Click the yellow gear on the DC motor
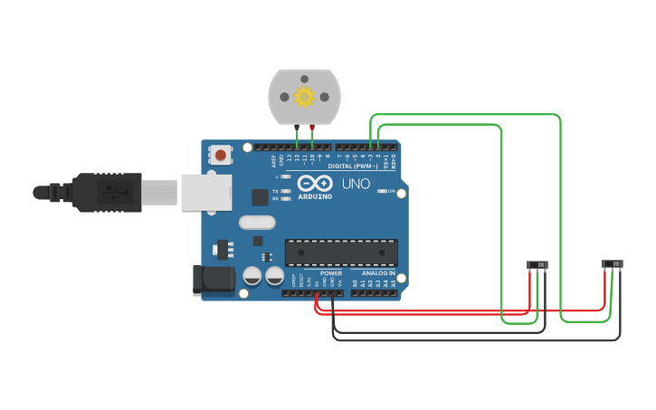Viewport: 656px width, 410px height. pyautogui.click(x=304, y=96)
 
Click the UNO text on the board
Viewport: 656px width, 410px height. pyautogui.click(x=356, y=184)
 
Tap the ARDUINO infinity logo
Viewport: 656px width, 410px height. pyautogui.click(x=315, y=184)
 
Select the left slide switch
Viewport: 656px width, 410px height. pyautogui.click(x=537, y=265)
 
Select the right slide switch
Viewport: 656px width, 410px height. pyautogui.click(x=613, y=264)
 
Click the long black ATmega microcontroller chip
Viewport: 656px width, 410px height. pyautogui.click(x=341, y=253)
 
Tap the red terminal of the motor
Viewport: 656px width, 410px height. pyautogui.click(x=312, y=128)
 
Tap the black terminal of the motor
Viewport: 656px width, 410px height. pyautogui.click(x=297, y=128)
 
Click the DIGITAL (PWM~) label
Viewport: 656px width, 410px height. pyautogui.click(x=353, y=167)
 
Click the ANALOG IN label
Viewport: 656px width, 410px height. pyautogui.click(x=379, y=272)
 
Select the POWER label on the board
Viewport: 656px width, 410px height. pyautogui.click(x=331, y=272)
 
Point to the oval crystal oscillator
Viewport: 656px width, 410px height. pyautogui.click(x=256, y=223)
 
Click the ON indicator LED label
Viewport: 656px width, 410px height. pyautogui.click(x=392, y=192)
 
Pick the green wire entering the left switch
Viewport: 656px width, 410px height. pyautogui.click(x=537, y=294)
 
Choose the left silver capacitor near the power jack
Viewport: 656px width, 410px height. pyautogui.click(x=252, y=275)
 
